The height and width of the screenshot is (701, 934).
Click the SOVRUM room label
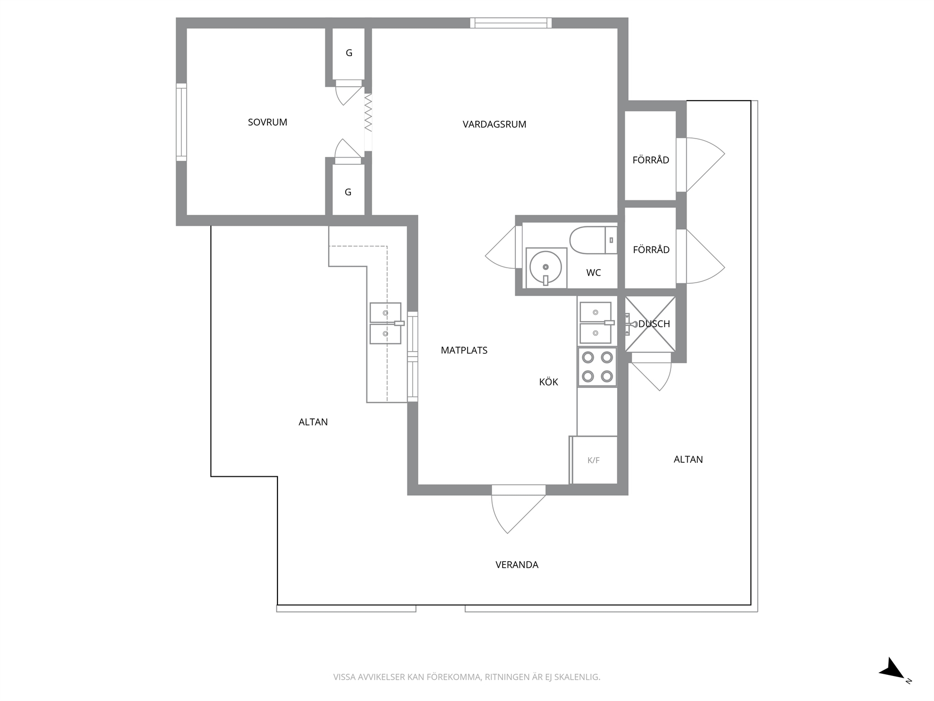click(x=267, y=122)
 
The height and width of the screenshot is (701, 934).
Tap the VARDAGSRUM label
click(x=494, y=124)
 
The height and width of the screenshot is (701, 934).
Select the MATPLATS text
click(x=464, y=350)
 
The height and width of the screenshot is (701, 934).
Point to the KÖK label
click(x=549, y=382)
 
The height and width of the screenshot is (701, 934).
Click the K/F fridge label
click(x=594, y=460)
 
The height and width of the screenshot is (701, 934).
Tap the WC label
click(x=594, y=273)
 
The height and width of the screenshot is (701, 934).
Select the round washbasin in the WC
click(x=546, y=268)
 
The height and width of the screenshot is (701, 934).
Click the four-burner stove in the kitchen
click(x=597, y=367)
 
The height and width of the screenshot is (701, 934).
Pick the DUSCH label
click(x=654, y=324)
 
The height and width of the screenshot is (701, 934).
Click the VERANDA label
click(x=517, y=565)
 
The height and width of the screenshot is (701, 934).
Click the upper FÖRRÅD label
click(x=650, y=160)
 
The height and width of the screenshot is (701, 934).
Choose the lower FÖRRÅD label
click(x=651, y=250)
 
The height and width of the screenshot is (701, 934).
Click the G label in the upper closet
click(x=349, y=53)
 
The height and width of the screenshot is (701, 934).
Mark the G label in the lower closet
click(x=348, y=192)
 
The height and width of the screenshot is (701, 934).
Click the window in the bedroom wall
click(x=181, y=122)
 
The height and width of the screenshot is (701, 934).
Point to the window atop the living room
click(x=510, y=23)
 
